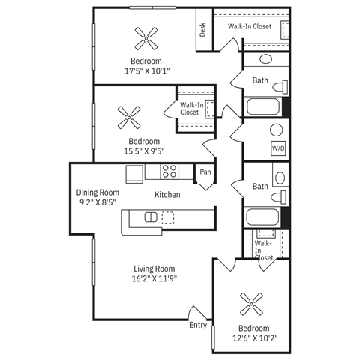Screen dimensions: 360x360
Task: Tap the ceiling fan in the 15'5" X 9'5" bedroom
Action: point(130,115)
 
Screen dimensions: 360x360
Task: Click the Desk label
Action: point(202,29)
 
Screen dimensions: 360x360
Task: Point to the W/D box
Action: point(278,148)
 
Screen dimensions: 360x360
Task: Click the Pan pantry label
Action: point(205,172)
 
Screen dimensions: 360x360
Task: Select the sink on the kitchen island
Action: point(151,217)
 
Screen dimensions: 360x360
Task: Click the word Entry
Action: point(198,325)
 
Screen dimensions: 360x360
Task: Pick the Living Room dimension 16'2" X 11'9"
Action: point(155,278)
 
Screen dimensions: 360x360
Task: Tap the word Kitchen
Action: point(167,195)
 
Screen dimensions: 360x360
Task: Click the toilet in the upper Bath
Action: point(281,82)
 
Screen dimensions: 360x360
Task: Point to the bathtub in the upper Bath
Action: point(262,106)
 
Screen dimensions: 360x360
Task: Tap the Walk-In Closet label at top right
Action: point(249,26)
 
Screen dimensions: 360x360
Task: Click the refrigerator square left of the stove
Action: point(135,172)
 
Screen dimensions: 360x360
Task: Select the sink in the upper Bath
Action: point(266,60)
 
